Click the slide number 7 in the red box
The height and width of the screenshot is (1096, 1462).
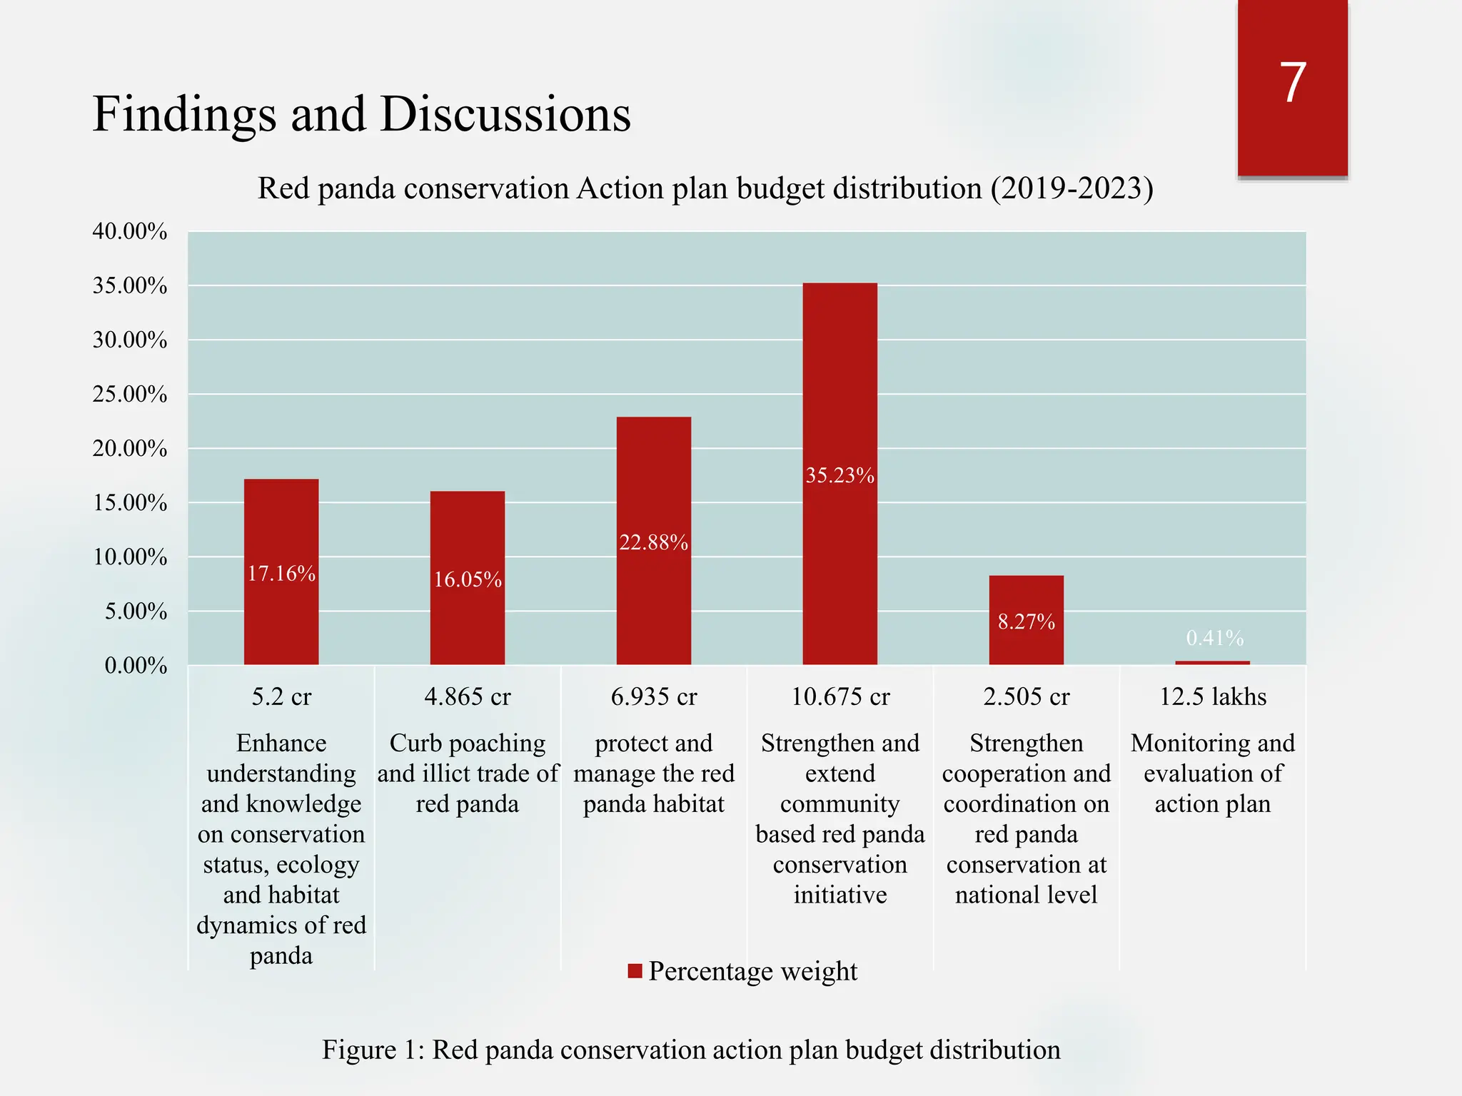click(1293, 83)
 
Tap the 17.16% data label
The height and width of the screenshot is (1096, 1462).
click(281, 574)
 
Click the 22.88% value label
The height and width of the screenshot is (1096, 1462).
click(653, 543)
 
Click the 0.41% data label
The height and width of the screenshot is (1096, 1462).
click(1214, 638)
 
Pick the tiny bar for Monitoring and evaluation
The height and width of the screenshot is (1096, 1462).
click(1212, 663)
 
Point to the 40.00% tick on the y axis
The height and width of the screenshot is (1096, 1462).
click(130, 231)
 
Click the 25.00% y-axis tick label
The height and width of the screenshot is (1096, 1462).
click(130, 394)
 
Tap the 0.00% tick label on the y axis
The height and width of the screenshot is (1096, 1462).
click(136, 666)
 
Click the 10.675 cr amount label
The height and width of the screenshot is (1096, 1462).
click(840, 696)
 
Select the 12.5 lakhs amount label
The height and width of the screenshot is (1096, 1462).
click(1212, 696)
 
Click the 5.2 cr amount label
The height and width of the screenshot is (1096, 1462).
click(281, 696)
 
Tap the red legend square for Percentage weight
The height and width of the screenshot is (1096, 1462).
click(635, 971)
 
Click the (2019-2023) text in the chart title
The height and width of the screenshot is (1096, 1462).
click(1071, 188)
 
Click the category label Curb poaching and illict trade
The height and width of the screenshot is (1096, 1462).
click(468, 773)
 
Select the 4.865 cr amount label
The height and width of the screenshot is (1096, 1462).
click(468, 696)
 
